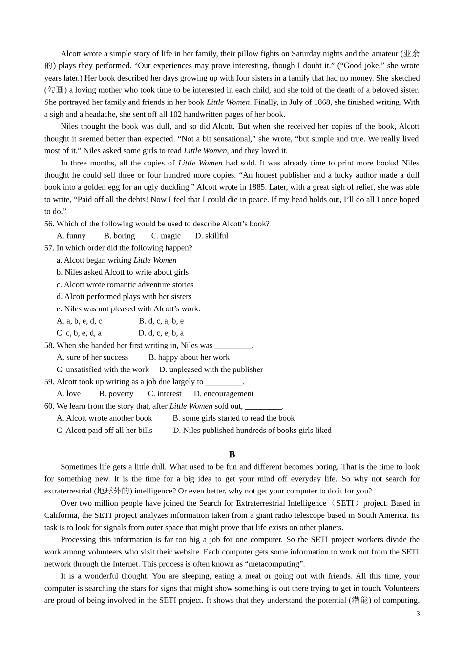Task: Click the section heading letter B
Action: [232, 454]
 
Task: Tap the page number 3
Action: [418, 614]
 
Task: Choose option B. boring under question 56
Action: [120, 236]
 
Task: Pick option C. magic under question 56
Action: [166, 236]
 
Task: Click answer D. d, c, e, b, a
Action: [161, 333]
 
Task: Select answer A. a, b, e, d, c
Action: [79, 321]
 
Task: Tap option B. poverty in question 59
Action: [116, 394]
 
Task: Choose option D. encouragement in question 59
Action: [224, 394]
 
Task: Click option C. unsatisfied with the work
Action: [103, 369]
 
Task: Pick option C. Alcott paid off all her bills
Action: [105, 430]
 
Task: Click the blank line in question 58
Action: [233, 346]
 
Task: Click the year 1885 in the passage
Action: [260, 187]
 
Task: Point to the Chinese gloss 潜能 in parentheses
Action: [360, 600]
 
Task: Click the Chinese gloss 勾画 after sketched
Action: [55, 90]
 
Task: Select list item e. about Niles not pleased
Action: [128, 308]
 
